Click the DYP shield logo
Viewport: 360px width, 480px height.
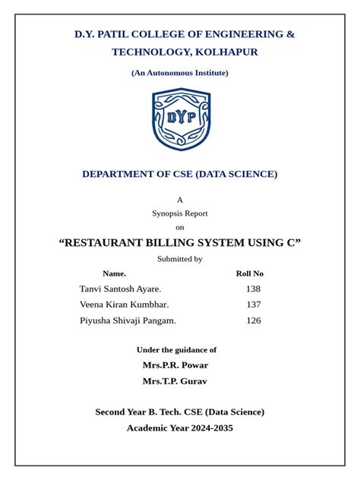[180, 119]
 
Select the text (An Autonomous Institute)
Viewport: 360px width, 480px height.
[180, 73]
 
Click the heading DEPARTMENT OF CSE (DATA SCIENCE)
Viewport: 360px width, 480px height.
[180, 174]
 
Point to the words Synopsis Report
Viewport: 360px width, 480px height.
[180, 213]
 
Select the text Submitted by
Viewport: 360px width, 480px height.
[180, 259]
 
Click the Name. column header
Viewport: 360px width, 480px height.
[114, 273]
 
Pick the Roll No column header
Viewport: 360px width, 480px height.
[250, 273]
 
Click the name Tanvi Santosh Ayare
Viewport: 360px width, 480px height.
[120, 289]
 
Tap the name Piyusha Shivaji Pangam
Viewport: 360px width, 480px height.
[128, 321]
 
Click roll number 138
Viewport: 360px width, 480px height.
[253, 289]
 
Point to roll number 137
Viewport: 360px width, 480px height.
[253, 305]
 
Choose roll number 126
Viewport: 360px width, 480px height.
[253, 321]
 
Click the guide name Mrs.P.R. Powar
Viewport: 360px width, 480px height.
[175, 365]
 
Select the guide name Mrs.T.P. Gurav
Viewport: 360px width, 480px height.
[175, 381]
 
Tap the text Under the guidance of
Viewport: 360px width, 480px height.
[176, 350]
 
